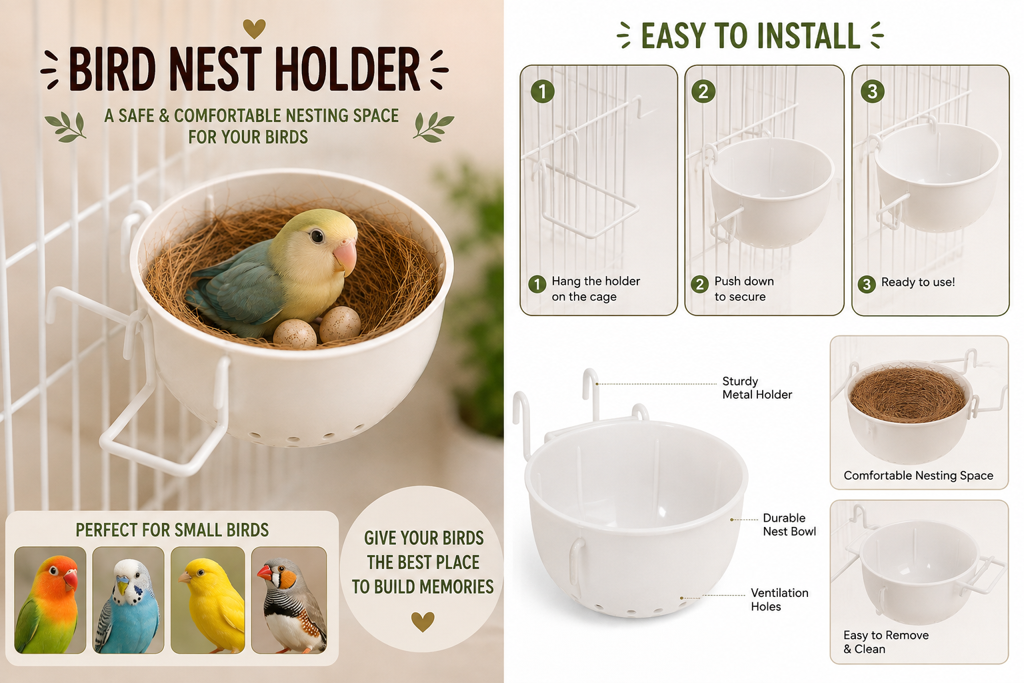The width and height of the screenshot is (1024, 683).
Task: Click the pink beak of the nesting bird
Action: (345, 257)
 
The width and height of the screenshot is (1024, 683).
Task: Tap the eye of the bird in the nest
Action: (317, 236)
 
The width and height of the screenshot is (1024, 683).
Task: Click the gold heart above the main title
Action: (254, 29)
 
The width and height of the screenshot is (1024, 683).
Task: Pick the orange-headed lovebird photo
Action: (50, 600)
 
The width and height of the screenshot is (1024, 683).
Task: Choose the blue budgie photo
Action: (129, 600)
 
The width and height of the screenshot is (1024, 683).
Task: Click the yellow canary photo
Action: (207, 600)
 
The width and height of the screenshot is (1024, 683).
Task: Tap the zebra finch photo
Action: (289, 600)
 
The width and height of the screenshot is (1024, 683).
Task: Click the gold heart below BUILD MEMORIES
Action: (423, 622)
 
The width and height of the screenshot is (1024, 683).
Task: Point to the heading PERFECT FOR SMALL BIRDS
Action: (172, 530)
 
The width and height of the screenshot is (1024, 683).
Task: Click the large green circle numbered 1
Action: (543, 91)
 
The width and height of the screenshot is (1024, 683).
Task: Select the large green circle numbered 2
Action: (703, 91)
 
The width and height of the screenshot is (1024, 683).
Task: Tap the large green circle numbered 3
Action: (872, 91)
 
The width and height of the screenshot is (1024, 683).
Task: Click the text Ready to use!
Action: (918, 282)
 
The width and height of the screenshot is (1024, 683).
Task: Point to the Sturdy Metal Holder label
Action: (757, 388)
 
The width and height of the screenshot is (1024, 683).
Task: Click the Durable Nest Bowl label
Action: (789, 525)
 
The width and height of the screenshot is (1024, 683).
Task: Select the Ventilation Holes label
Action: (779, 600)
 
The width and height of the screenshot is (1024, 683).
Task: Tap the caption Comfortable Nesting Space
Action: (919, 476)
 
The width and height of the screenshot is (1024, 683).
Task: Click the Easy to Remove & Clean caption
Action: (886, 642)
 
